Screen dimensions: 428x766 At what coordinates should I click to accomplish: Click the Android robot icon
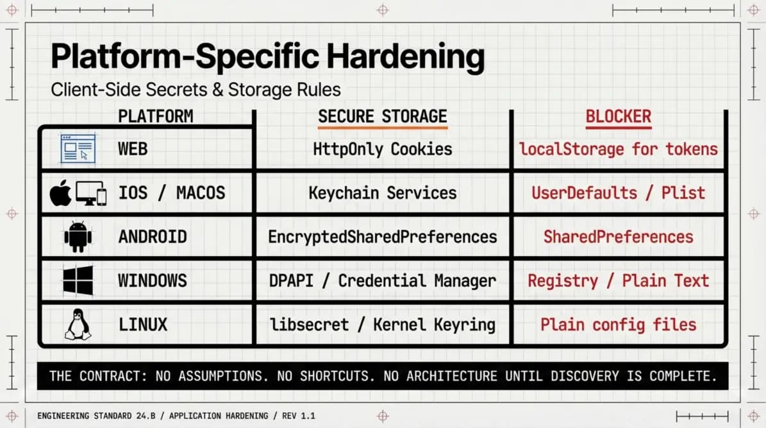tap(78, 236)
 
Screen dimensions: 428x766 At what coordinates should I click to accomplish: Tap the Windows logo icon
tap(78, 280)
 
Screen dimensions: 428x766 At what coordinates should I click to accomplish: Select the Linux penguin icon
tap(78, 324)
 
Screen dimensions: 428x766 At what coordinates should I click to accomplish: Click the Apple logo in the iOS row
tap(60, 193)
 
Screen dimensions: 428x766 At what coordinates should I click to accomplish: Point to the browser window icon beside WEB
tap(78, 149)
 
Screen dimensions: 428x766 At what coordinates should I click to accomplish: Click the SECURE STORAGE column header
tap(383, 117)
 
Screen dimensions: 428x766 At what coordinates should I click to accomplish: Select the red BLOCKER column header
tap(619, 117)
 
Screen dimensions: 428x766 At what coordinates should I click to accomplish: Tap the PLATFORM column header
tap(156, 117)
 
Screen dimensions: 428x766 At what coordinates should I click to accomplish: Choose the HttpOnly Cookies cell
tap(383, 150)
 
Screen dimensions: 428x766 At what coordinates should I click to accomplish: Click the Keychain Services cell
tap(383, 193)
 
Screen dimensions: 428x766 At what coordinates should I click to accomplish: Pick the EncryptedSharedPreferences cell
tap(383, 237)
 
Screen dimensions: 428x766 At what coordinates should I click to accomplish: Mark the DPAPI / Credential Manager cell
tap(383, 280)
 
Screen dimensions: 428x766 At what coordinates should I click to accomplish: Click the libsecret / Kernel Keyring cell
tap(383, 324)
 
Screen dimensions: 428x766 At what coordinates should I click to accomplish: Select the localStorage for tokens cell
tap(619, 150)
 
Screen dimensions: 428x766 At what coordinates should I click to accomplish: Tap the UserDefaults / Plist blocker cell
tap(619, 193)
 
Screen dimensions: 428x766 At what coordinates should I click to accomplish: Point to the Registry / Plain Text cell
tap(619, 280)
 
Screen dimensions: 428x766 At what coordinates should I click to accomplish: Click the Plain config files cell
tap(619, 324)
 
